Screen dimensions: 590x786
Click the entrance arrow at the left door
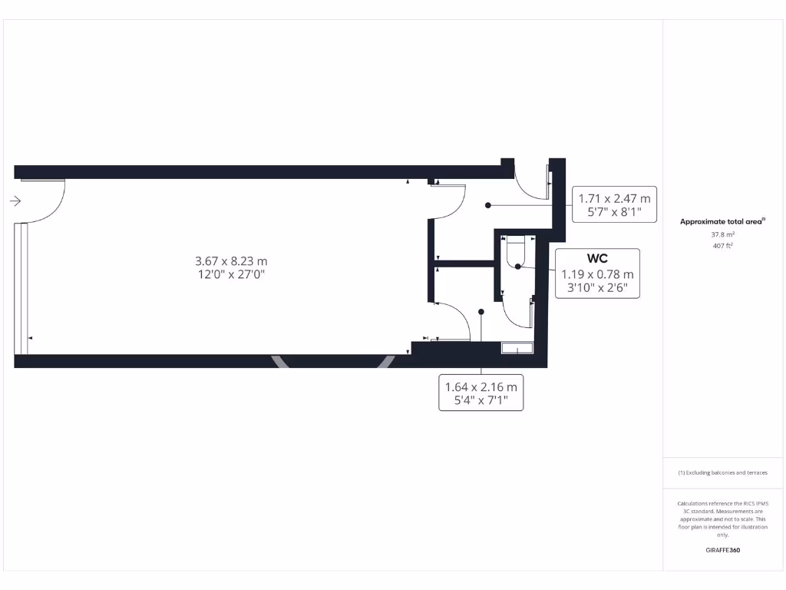pyautogui.click(x=15, y=201)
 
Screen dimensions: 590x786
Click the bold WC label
pyautogui.click(x=597, y=259)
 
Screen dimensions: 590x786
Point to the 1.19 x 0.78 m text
pyautogui.click(x=597, y=274)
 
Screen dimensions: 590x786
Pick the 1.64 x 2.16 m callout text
pyautogui.click(x=481, y=386)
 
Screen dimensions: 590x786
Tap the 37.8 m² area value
pyautogui.click(x=722, y=235)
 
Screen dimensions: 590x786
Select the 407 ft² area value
pyautogui.click(x=722, y=246)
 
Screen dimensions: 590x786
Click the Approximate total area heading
pyautogui.click(x=722, y=221)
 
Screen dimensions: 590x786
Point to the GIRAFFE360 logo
pyautogui.click(x=722, y=550)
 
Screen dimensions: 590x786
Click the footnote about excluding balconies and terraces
pyautogui.click(x=722, y=472)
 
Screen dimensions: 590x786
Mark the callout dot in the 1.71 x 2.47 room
pyautogui.click(x=488, y=205)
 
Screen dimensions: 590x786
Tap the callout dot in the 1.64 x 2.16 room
pyautogui.click(x=481, y=312)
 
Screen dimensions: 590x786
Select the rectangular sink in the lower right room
pyautogui.click(x=517, y=348)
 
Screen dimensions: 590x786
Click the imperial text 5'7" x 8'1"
pyautogui.click(x=615, y=211)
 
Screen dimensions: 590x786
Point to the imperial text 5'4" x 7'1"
pyautogui.click(x=481, y=400)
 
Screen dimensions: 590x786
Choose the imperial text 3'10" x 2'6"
pyautogui.click(x=597, y=288)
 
